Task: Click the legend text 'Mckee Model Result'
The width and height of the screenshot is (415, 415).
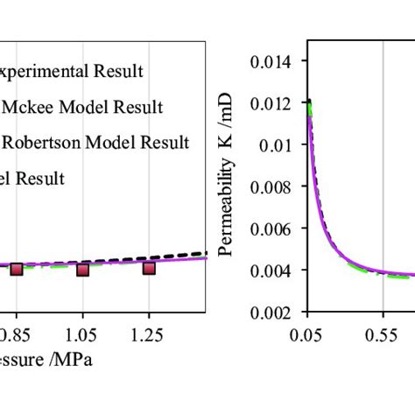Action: [x=85, y=108]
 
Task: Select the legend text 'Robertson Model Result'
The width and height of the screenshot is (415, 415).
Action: [x=97, y=142]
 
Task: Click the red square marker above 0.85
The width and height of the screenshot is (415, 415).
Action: [x=16, y=269]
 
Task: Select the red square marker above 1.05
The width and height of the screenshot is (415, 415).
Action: [x=82, y=269]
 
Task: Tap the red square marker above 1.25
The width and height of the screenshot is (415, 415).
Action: [x=149, y=267]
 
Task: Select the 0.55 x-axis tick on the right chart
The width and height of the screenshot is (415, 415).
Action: [x=382, y=333]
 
